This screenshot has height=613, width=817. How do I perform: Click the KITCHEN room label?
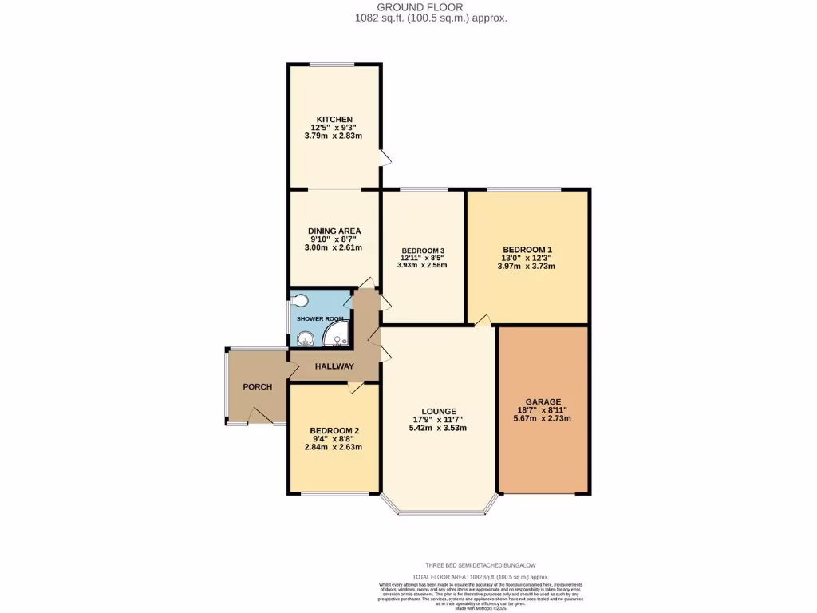point(334,119)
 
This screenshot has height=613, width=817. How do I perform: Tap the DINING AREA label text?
point(334,231)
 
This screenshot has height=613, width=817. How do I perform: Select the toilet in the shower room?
point(299,302)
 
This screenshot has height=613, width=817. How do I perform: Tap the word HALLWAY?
point(334,366)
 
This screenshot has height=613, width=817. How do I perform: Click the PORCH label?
point(257,386)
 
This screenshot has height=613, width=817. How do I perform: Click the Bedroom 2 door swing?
point(355,388)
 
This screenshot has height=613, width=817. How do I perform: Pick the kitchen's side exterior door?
point(385,158)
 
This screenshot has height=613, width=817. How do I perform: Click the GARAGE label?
point(543,401)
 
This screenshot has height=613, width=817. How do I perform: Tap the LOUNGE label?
point(439,411)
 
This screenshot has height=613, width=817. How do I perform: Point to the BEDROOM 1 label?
point(527,249)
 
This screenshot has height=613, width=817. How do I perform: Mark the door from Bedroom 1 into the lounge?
point(482,321)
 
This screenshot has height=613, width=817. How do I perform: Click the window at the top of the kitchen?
point(333,64)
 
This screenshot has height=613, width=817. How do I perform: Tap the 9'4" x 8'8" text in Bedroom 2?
point(334,438)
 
